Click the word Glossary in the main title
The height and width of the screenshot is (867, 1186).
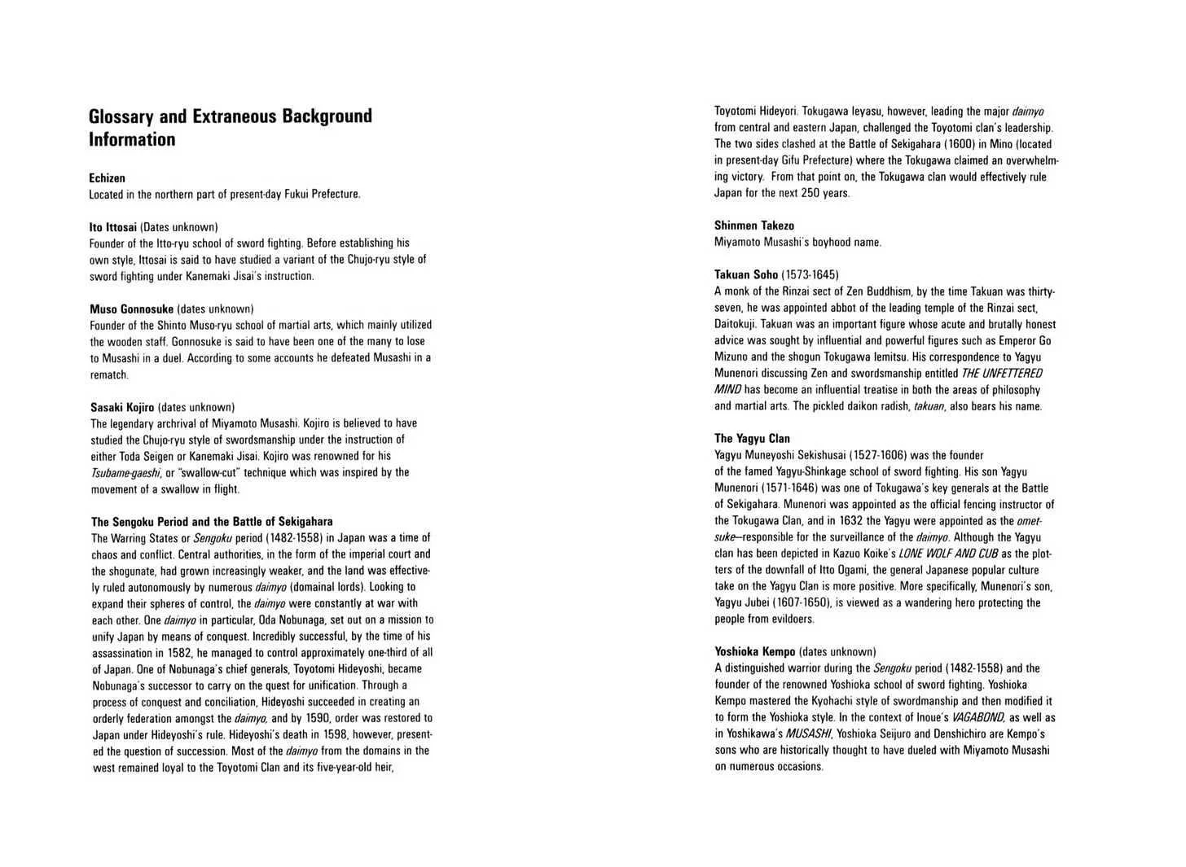point(121,116)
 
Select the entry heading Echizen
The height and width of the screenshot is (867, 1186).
point(107,177)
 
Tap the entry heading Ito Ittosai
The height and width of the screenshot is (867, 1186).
point(113,227)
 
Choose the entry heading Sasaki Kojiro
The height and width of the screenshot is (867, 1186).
point(122,407)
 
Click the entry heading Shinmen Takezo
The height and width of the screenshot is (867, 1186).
point(754,226)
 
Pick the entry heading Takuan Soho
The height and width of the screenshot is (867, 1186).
point(746,274)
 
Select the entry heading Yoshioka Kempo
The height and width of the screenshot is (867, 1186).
point(755,651)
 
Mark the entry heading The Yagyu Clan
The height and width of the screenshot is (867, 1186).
point(752,438)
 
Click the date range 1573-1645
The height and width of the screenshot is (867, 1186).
point(810,274)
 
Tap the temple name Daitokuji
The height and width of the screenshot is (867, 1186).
point(738,324)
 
